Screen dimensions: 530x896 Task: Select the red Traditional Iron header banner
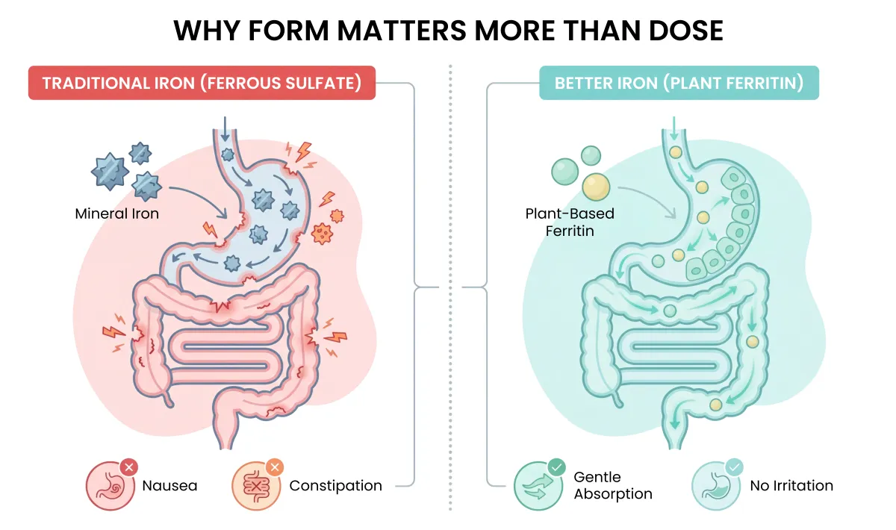tap(202, 83)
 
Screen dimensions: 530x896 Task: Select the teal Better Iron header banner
tap(679, 83)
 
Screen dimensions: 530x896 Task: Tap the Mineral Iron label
tap(117, 213)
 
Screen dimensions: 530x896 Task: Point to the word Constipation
tap(335, 486)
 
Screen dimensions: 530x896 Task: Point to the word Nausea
tap(169, 486)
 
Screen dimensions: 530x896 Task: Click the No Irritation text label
tap(791, 486)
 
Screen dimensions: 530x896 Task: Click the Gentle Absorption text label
tap(612, 485)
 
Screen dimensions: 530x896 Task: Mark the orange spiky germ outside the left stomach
tap(323, 232)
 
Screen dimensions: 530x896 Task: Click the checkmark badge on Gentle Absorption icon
tap(556, 468)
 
